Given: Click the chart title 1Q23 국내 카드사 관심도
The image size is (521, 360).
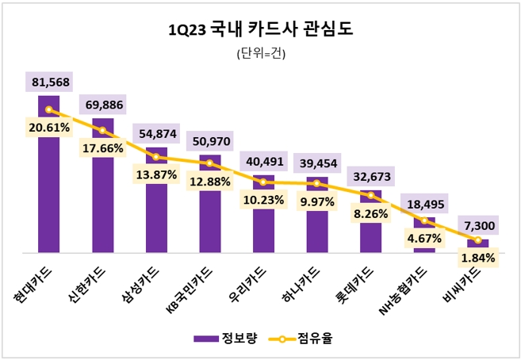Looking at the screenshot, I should pyautogui.click(x=261, y=30).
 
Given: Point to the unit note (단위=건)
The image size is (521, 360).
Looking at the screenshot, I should pyautogui.click(x=261, y=55).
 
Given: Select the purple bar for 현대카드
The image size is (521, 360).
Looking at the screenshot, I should pyautogui.click(x=48, y=190).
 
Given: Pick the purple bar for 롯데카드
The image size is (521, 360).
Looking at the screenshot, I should pyautogui.click(x=370, y=222).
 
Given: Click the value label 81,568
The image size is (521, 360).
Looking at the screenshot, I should pyautogui.click(x=49, y=82).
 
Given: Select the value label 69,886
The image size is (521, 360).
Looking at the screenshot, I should pyautogui.click(x=102, y=105).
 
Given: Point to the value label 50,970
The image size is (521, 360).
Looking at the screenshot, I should pyautogui.click(x=209, y=139).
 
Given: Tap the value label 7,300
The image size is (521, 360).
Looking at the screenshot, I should pyautogui.click(x=477, y=227).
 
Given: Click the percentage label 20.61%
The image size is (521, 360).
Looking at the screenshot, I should pyautogui.click(x=48, y=127).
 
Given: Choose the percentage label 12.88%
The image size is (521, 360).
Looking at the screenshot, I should pyautogui.click(x=209, y=182).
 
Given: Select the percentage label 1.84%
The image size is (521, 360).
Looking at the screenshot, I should pyautogui.click(x=477, y=258).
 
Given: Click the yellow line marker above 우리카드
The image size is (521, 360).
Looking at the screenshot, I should pyautogui.click(x=263, y=182).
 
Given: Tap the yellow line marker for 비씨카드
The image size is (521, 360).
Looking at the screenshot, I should pyautogui.click(x=477, y=239).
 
